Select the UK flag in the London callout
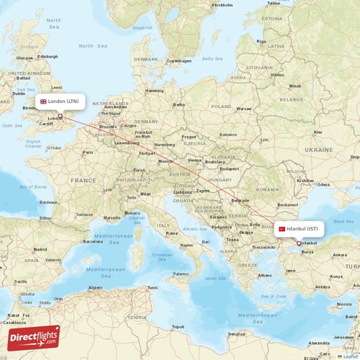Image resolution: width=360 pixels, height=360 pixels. tap(44, 102)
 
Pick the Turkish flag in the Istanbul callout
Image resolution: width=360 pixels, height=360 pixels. tap(282, 229)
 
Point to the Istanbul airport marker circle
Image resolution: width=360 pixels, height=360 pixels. tap(299, 243)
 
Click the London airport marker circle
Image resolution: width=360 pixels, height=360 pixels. tap(60, 116)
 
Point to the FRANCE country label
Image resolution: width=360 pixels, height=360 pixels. tap(83, 180)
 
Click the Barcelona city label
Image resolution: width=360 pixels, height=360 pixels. tap(93, 241)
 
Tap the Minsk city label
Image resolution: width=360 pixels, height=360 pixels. tap(295, 86)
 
